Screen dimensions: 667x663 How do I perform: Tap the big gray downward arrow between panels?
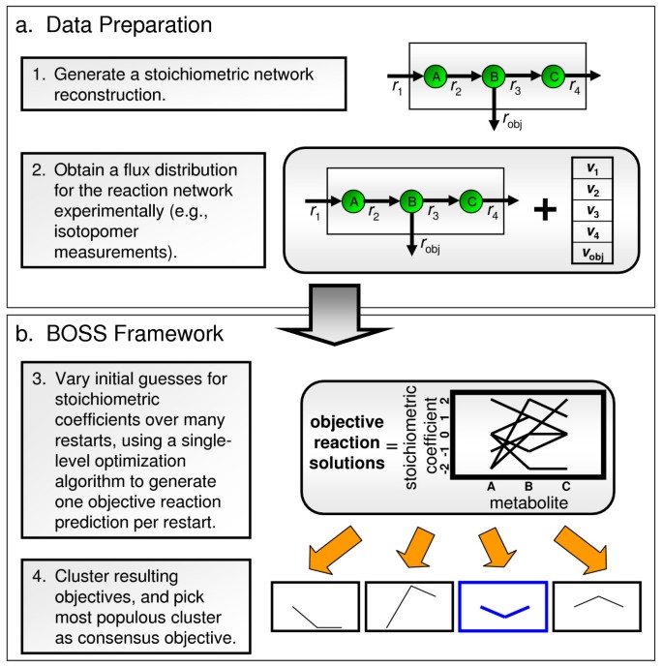[331, 311]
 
